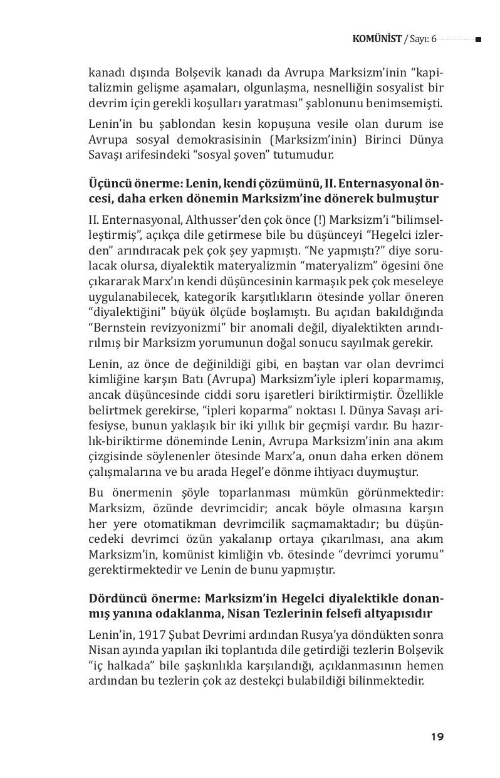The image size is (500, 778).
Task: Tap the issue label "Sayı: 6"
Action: [x=422, y=39]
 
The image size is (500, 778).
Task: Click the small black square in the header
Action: [x=478, y=39]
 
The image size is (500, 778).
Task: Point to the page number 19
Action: [x=437, y=737]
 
